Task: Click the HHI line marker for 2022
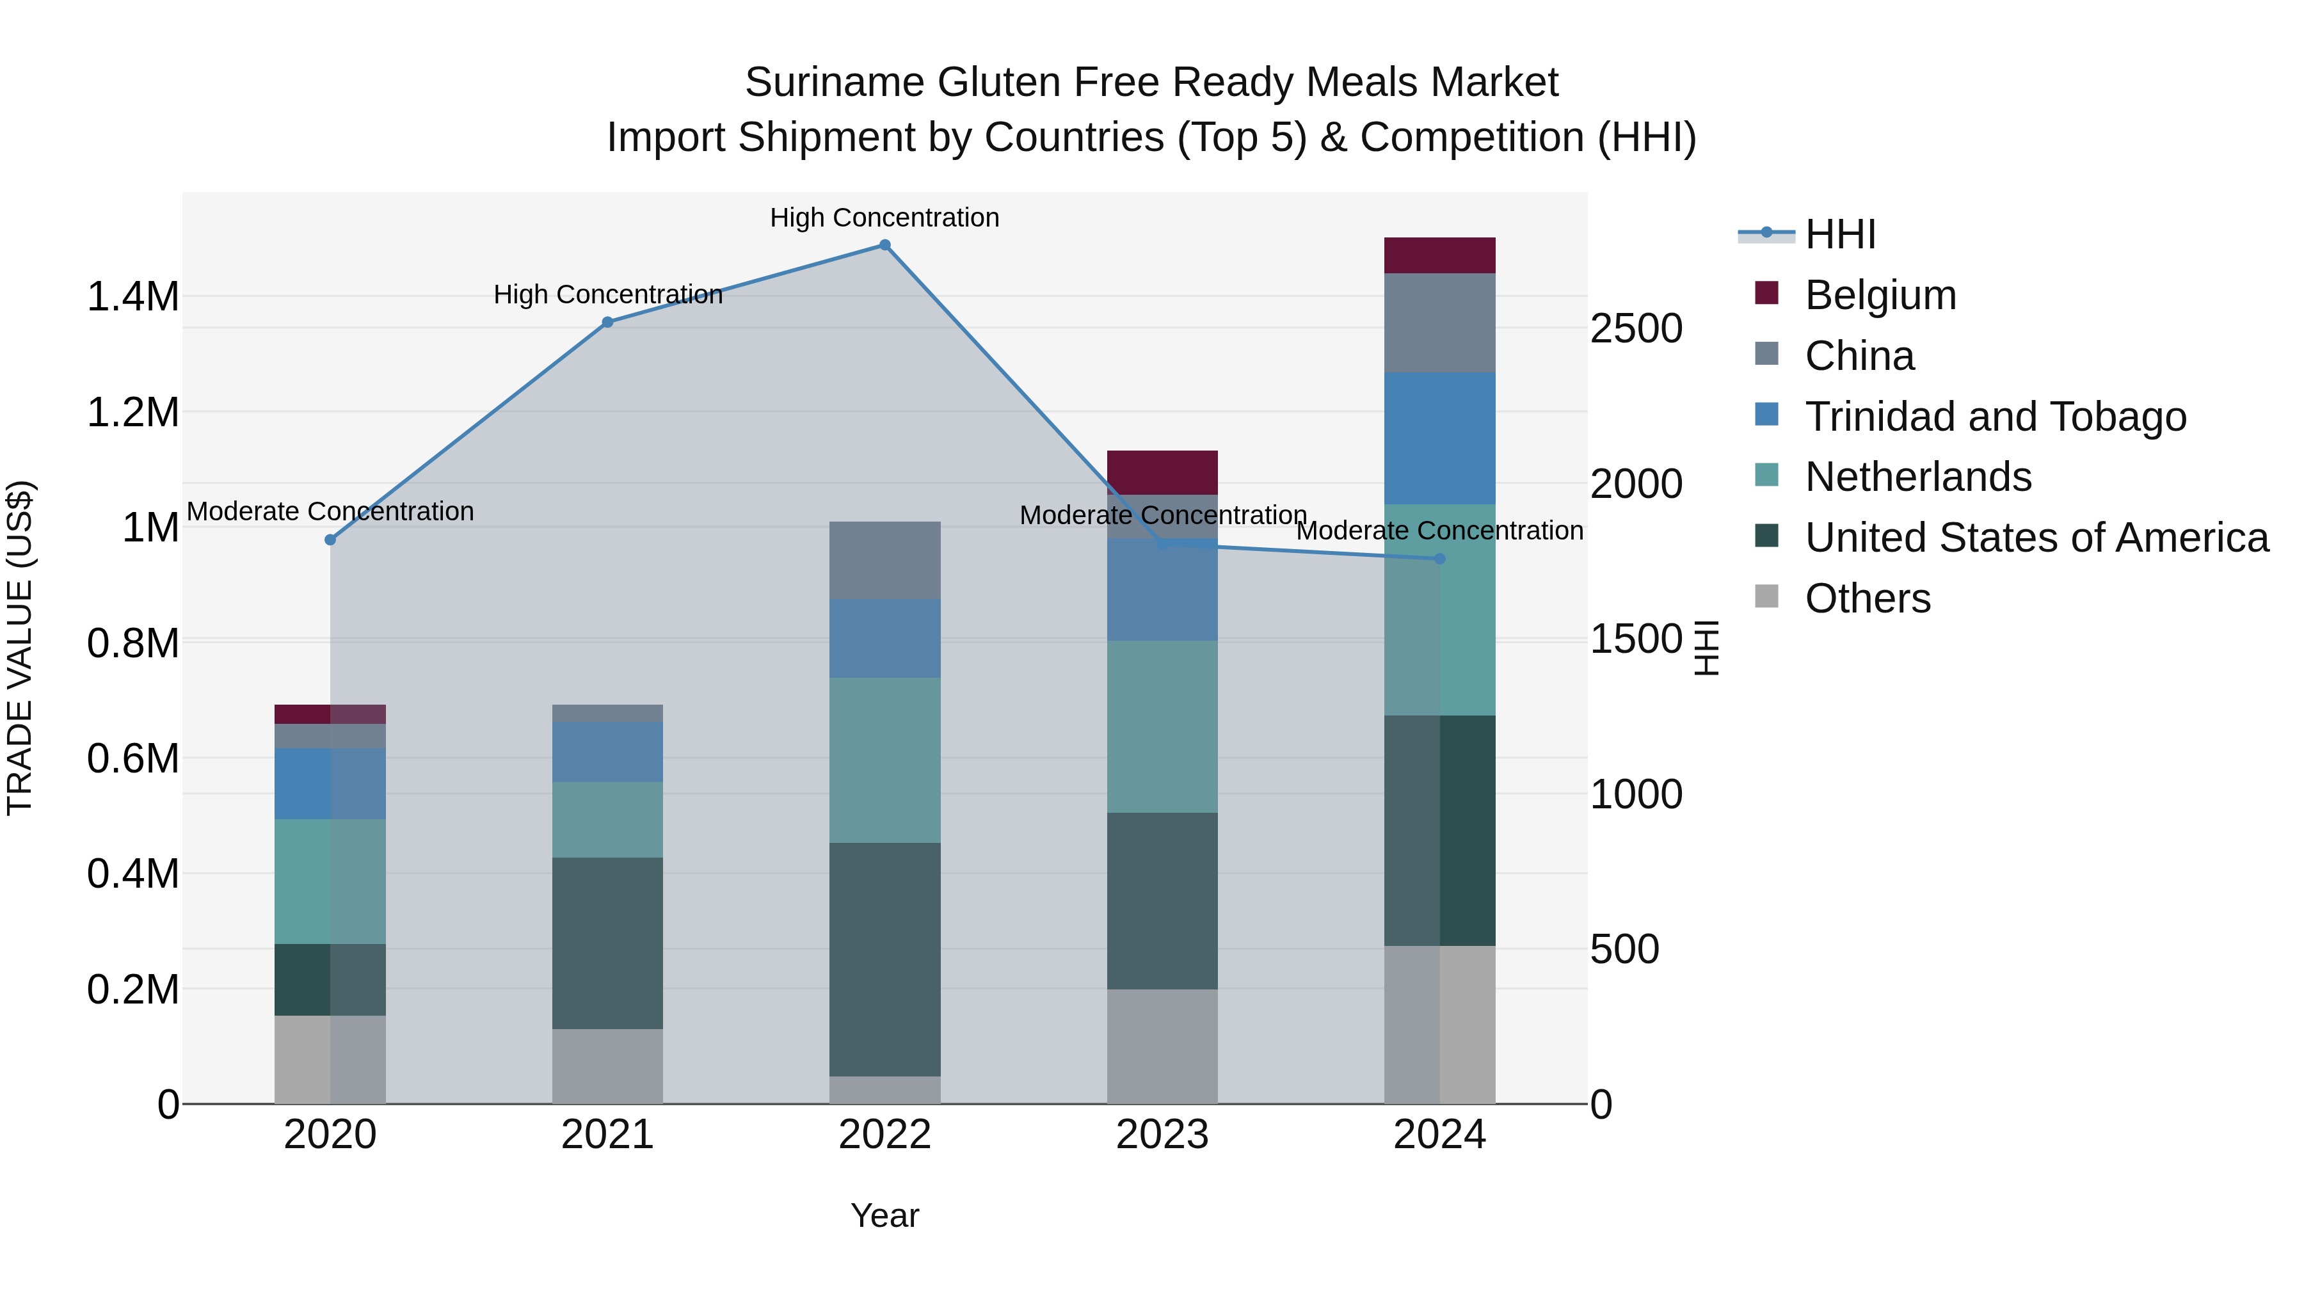(x=884, y=245)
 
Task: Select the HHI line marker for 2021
(x=607, y=322)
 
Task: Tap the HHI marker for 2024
(x=1440, y=559)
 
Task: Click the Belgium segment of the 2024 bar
(x=1440, y=256)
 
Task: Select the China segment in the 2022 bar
(x=884, y=560)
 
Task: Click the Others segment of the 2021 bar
(x=607, y=1066)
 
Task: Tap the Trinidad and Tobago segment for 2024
(x=1440, y=438)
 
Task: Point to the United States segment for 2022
(x=884, y=959)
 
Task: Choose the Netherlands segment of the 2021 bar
(x=607, y=819)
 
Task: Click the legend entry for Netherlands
(x=1919, y=477)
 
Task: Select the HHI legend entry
(x=1840, y=234)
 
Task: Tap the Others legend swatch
(x=1766, y=596)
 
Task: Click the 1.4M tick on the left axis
(x=133, y=297)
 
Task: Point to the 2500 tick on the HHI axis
(x=1636, y=329)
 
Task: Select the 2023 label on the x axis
(x=1162, y=1135)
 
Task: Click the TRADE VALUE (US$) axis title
(x=20, y=648)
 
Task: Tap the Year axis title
(x=884, y=1215)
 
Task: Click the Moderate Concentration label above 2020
(x=330, y=511)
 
